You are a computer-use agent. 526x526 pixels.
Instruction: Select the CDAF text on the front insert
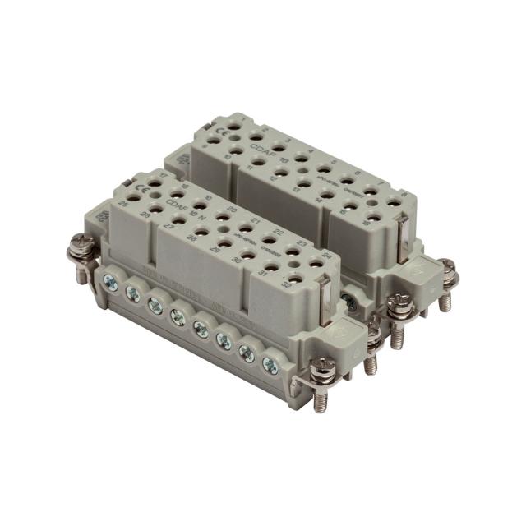point(179,200)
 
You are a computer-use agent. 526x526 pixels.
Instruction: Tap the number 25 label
point(122,201)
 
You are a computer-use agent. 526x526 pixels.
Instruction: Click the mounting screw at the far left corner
point(81,245)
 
